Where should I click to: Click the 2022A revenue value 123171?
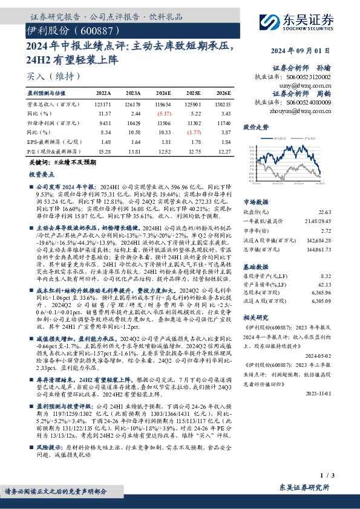click(x=103, y=104)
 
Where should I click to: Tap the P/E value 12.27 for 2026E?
click(x=223, y=151)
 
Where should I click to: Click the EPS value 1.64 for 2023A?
click(x=134, y=141)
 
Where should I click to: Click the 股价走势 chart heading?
click(x=255, y=128)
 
